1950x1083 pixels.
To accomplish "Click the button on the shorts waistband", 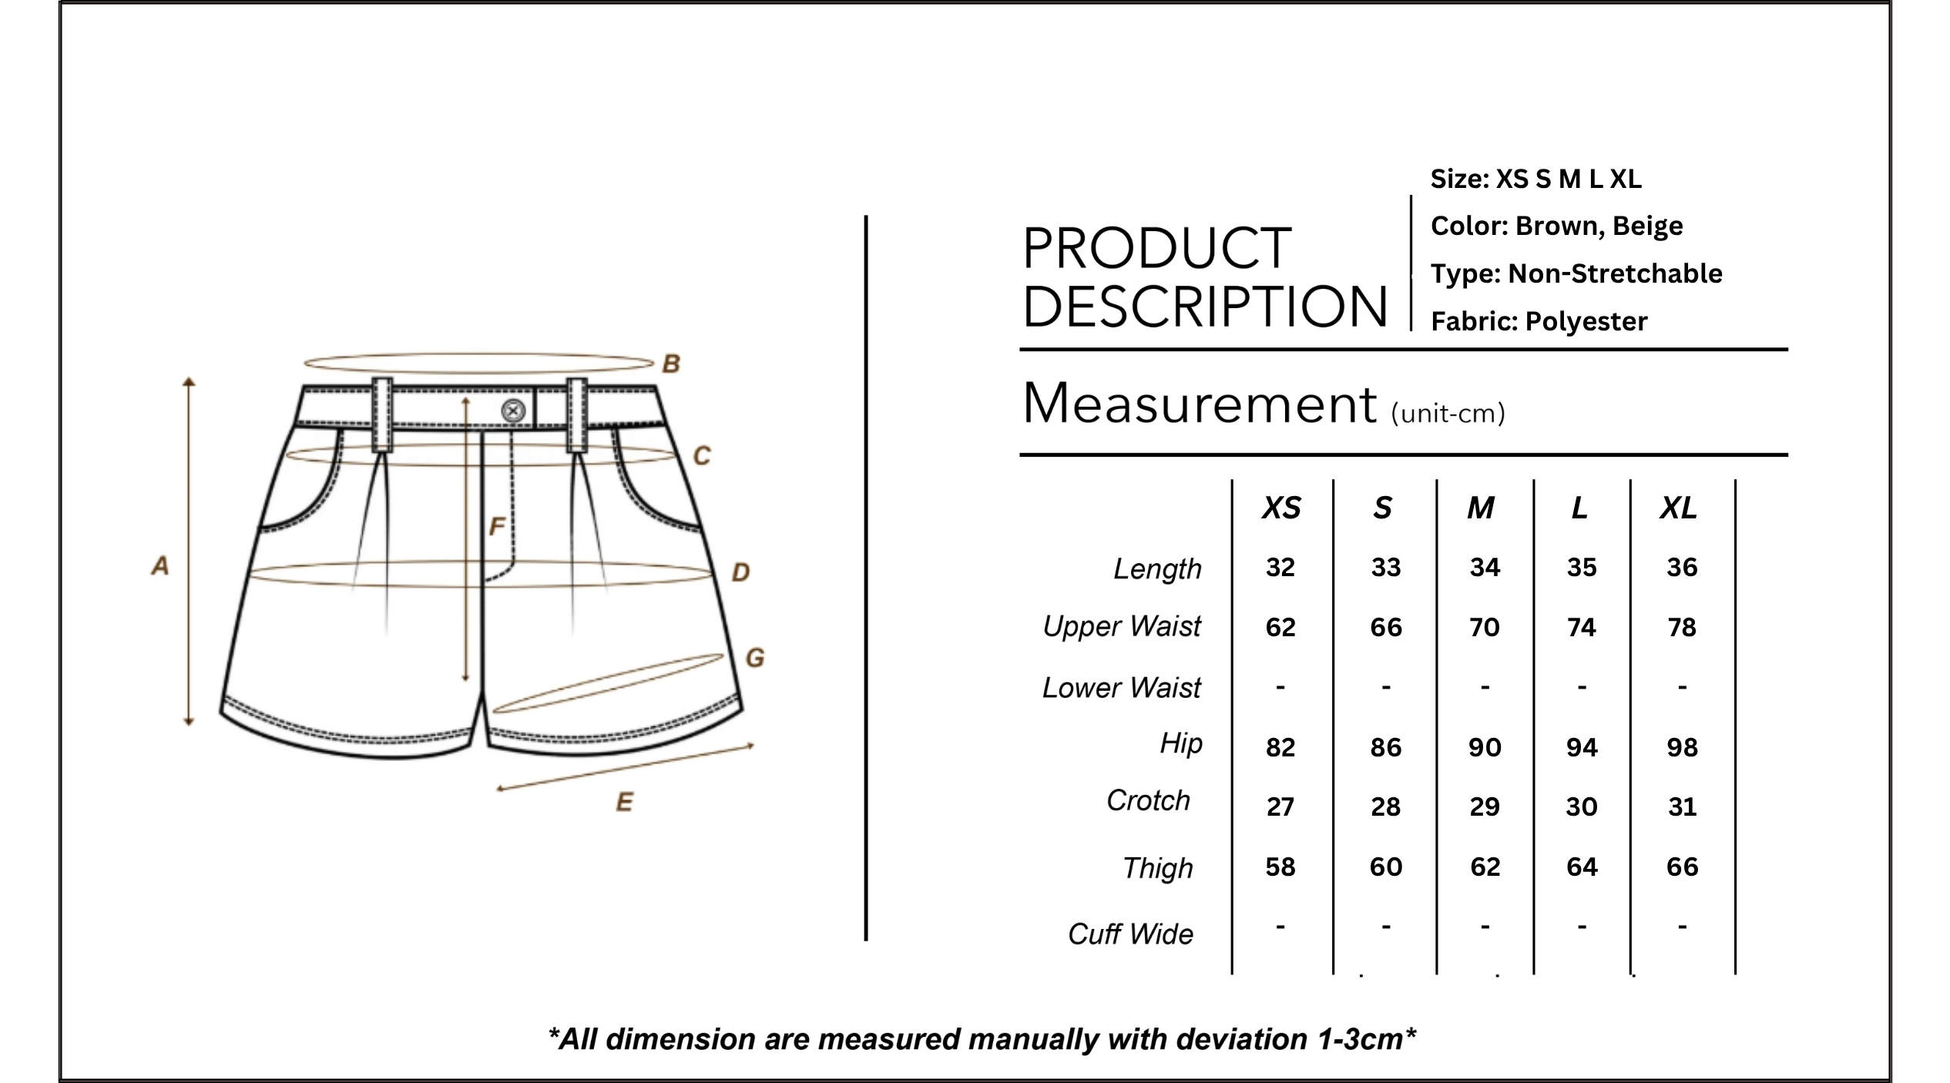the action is pos(513,411).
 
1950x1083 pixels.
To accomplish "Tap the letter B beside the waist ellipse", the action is pos(671,364).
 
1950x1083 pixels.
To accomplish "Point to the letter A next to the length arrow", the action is pos(159,565).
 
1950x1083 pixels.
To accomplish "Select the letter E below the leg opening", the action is pos(625,803).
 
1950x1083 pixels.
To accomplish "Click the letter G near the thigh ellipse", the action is pos(755,658).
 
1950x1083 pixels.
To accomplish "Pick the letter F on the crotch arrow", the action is pos(497,526).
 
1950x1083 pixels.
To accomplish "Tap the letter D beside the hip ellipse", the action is pos(740,572).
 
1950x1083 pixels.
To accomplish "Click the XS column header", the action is pos(1281,508).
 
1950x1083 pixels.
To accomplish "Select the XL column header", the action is pos(1679,508).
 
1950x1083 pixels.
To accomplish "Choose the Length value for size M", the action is pos(1485,568).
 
